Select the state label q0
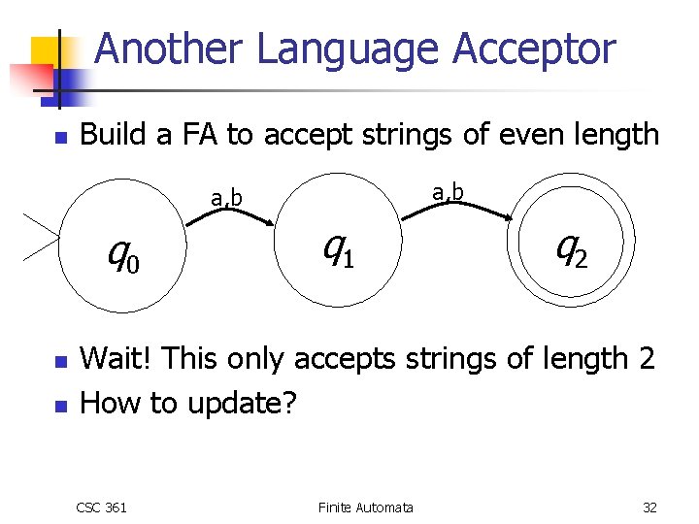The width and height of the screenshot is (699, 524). tap(123, 254)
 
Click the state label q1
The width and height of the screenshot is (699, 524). tap(338, 249)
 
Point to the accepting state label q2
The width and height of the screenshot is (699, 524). tap(571, 249)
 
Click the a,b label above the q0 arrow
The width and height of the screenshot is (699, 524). tap(227, 199)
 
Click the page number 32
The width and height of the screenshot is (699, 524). tap(649, 507)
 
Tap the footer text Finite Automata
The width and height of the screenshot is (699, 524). tap(365, 507)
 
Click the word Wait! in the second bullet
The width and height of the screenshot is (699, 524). tap(116, 359)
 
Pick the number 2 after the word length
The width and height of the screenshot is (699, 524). tap(647, 359)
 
